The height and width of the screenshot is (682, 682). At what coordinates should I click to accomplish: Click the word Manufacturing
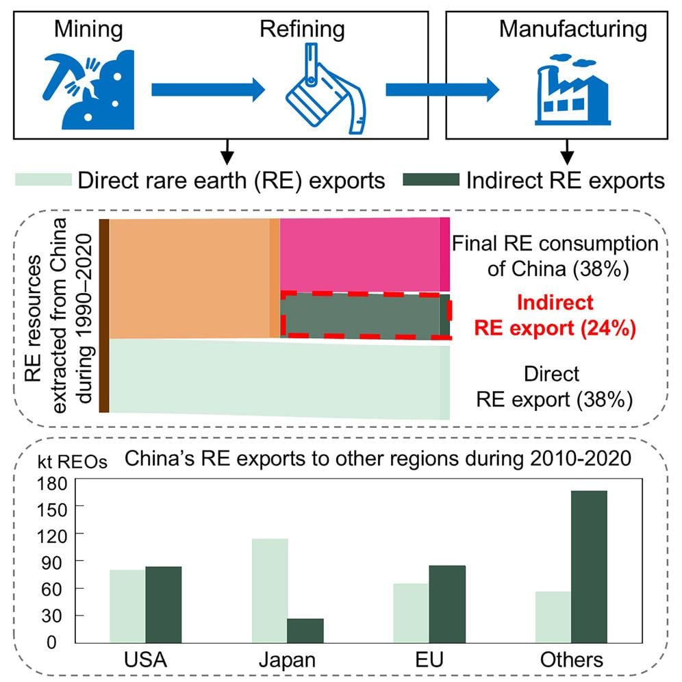pos(572,29)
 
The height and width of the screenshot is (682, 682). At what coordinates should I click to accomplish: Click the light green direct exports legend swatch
pos(43,180)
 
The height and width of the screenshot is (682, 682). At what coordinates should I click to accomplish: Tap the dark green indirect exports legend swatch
pos(430,180)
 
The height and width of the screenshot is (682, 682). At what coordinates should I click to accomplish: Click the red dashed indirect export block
pos(363,315)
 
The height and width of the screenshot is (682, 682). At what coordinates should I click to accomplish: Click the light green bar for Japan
pos(269,591)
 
